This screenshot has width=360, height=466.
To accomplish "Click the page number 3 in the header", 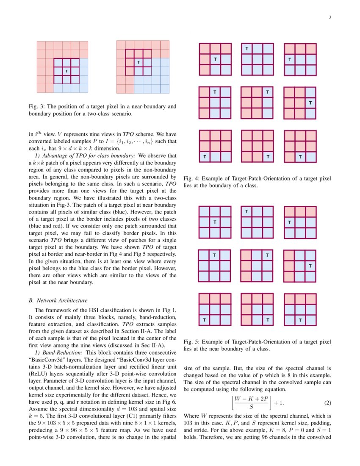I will tap(330, 17).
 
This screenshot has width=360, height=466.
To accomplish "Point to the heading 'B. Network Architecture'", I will tap(58, 301).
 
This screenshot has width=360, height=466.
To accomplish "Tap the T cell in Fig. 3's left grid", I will tap(66, 71).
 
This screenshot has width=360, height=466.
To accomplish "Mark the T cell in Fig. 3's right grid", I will tap(138, 62).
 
